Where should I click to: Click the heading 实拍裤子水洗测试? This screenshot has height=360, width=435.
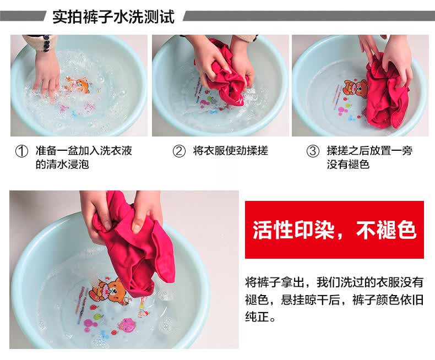pyautogui.click(x=113, y=17)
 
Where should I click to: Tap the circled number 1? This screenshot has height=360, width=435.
pyautogui.click(x=21, y=151)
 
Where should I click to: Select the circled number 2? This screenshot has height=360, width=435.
pyautogui.click(x=179, y=151)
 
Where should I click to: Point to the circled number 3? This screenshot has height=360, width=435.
pyautogui.click(x=313, y=151)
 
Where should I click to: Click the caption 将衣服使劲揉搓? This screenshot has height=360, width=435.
pyautogui.click(x=231, y=151)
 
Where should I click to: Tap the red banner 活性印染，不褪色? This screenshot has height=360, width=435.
pyautogui.click(x=334, y=230)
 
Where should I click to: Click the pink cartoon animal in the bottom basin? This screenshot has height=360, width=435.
pyautogui.click(x=127, y=324)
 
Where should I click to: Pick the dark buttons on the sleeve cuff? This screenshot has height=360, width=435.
pyautogui.click(x=46, y=43)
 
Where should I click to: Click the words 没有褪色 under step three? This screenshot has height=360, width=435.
pyautogui.click(x=348, y=165)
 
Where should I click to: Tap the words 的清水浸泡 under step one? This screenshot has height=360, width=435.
pyautogui.click(x=62, y=165)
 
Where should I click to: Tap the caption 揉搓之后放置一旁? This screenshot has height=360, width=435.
pyautogui.click(x=369, y=151)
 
